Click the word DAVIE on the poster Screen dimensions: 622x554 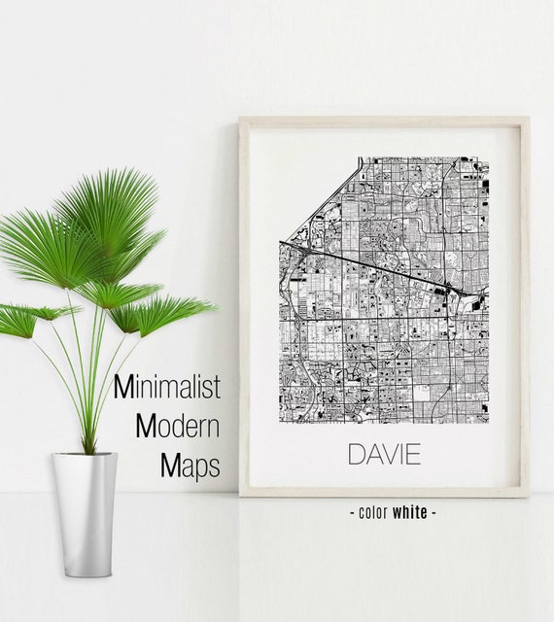tap(383, 454)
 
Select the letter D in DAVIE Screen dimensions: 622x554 tap(356, 454)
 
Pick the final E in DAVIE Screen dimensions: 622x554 tap(413, 454)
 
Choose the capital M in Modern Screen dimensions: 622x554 tap(146, 428)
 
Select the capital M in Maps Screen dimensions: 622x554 tap(169, 466)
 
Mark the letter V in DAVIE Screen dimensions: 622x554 tap(386, 454)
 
